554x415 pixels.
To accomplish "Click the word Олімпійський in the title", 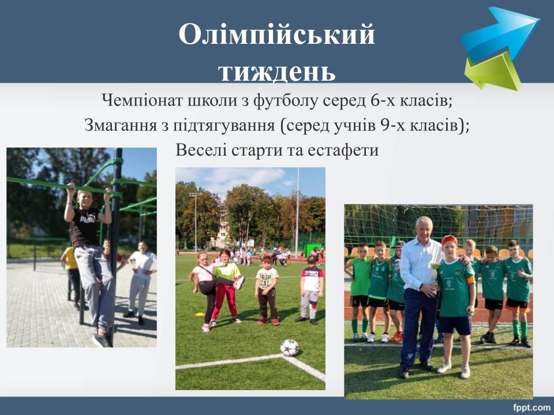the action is (276, 34).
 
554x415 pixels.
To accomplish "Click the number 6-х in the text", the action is (383, 100).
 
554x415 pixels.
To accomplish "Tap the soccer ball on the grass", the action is (289, 348).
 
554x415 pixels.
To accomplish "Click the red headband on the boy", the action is (450, 240).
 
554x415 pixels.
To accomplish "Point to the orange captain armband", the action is (470, 280).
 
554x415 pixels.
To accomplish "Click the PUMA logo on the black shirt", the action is (88, 219).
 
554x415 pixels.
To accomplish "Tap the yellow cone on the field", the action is (200, 314).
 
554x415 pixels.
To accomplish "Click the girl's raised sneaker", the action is (239, 282).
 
